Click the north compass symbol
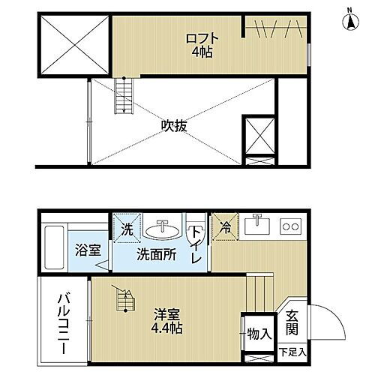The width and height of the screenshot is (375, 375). (x=349, y=19)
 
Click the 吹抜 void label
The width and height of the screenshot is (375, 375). (x=174, y=126)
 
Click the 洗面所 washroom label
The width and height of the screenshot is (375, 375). (x=157, y=254)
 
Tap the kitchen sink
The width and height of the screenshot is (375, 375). (x=259, y=223)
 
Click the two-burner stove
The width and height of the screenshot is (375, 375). (x=290, y=224)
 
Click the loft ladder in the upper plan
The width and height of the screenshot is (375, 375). (x=121, y=97)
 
